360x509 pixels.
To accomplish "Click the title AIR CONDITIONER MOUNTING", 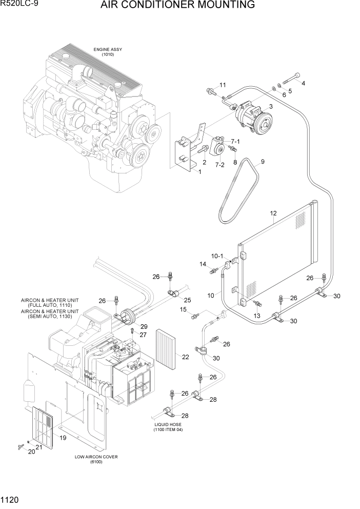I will [x=177, y=6].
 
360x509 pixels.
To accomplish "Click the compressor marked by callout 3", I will [x=253, y=121].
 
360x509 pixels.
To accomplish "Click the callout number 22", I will [x=186, y=357].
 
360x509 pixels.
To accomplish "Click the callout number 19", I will [x=63, y=438].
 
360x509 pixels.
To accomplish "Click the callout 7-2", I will [x=219, y=165].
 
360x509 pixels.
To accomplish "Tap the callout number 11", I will [x=223, y=85].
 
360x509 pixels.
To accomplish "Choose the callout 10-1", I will [x=217, y=256].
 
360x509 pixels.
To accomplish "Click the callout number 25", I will [x=187, y=300].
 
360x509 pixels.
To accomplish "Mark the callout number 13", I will [x=257, y=316].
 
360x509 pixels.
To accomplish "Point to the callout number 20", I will [x=31, y=452].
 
